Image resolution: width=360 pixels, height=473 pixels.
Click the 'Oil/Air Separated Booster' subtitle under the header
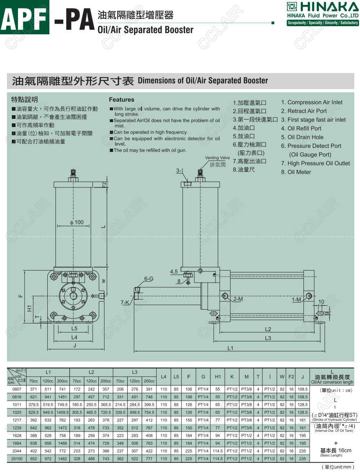pyautogui.click(x=145, y=30)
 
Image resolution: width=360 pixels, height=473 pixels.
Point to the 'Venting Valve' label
pyautogui.click(x=218, y=158)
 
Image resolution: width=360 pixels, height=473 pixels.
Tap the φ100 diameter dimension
pyautogui.click(x=76, y=223)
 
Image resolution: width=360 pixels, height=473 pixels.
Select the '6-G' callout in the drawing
pyautogui.click(x=149, y=279)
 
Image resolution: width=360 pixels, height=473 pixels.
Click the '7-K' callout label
pyautogui.click(x=125, y=302)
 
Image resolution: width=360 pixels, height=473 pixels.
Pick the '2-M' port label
pyautogui.click(x=238, y=299)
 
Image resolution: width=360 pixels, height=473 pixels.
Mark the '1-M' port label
pyautogui.click(x=297, y=300)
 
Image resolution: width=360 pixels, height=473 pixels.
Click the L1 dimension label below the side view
pyautogui.click(x=231, y=348)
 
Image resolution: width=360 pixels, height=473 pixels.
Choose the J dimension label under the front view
pyautogui.click(x=74, y=346)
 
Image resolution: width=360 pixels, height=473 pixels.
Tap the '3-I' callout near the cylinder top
pyautogui.click(x=180, y=170)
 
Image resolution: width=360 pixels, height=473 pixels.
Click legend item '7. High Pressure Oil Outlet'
pyautogui.click(x=315, y=163)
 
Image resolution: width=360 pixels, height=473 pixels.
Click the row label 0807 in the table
pyautogui.click(x=17, y=390)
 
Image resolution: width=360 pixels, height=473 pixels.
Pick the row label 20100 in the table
pyautogui.click(x=17, y=459)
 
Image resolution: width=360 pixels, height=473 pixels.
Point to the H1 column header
pyautogui.click(x=218, y=376)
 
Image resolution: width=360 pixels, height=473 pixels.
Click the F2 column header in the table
pyautogui.click(x=291, y=376)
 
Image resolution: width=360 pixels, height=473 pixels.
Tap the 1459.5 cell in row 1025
pyautogui.click(x=62, y=413)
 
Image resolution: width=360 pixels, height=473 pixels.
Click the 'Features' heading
pyautogui.click(x=121, y=100)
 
